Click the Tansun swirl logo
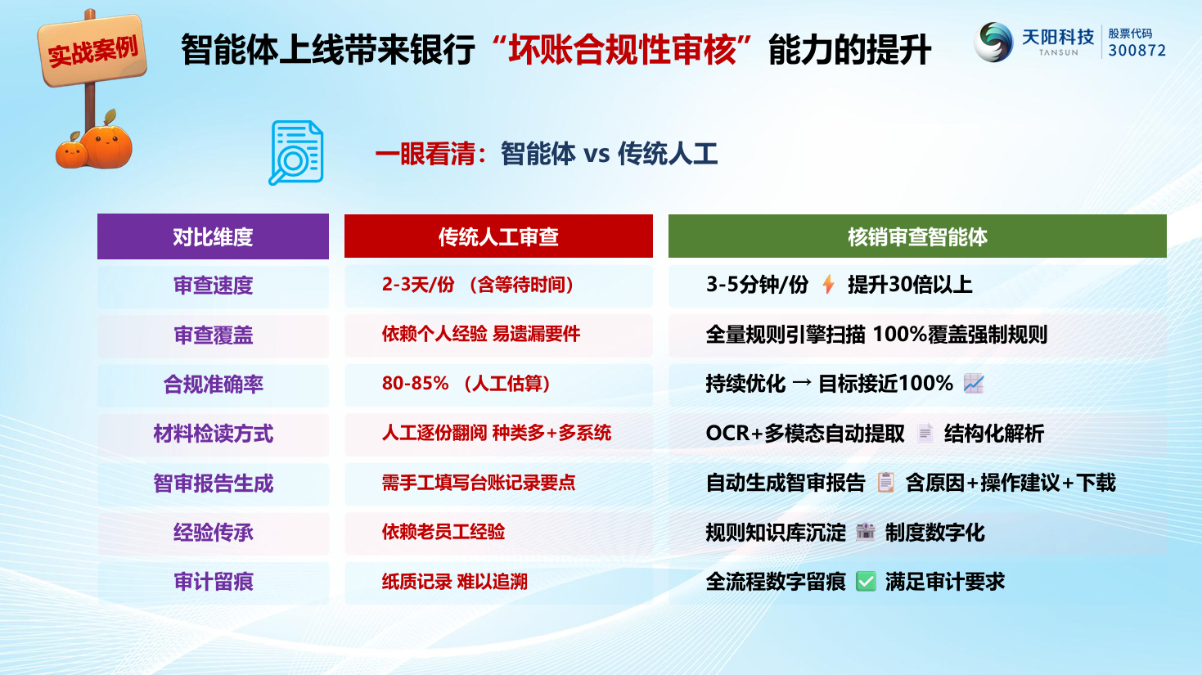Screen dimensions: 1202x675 coord(993,42)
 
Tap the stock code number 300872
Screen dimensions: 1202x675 coord(1137,51)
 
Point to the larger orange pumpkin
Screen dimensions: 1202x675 coord(108,145)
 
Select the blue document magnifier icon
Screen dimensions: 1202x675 coord(295,153)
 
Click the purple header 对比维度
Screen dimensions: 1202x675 coord(213,236)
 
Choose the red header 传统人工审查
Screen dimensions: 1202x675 coord(498,236)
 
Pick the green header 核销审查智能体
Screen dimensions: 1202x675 coord(917,236)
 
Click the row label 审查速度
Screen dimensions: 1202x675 coord(213,285)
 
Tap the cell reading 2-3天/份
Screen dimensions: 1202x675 coord(418,285)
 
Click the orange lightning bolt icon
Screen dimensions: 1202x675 coord(829,285)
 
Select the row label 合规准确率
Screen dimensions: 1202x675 coord(213,385)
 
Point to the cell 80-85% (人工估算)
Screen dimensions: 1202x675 coord(466,384)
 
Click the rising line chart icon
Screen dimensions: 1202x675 coord(974,384)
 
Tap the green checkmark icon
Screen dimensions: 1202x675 coord(866,582)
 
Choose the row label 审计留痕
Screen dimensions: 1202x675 coord(213,582)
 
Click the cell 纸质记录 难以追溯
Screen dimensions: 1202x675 coord(454,582)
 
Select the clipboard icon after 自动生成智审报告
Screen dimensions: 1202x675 coord(885,483)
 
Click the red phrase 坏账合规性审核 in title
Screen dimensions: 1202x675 coord(623,49)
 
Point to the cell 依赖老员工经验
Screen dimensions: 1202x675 coord(443,532)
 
